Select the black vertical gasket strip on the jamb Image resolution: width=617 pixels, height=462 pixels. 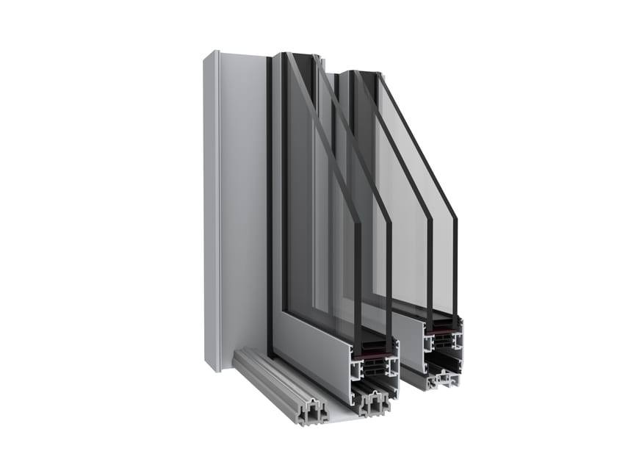270,206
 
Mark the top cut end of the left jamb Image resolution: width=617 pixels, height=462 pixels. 211,53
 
